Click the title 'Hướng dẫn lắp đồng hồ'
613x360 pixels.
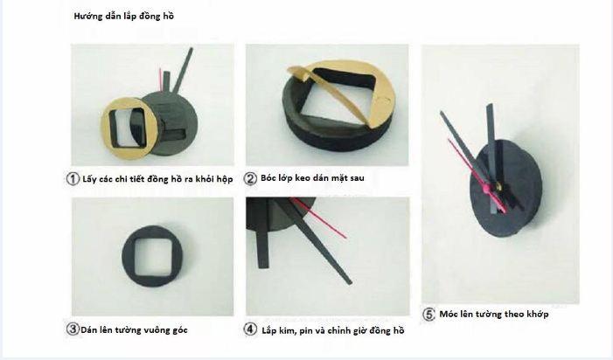[123, 16]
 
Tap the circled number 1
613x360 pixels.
[73, 179]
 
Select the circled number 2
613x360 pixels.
[250, 178]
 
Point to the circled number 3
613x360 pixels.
[73, 329]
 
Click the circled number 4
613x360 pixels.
[250, 329]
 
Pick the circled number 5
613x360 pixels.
[428, 315]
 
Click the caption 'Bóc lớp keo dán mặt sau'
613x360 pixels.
[312, 178]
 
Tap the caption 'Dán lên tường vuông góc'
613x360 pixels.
[134, 330]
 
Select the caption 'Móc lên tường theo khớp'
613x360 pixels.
[494, 314]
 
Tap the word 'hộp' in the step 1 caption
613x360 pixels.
[224, 180]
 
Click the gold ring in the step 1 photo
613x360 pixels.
[106, 128]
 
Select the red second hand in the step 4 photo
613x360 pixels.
[319, 218]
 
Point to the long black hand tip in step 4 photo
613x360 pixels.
[350, 282]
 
